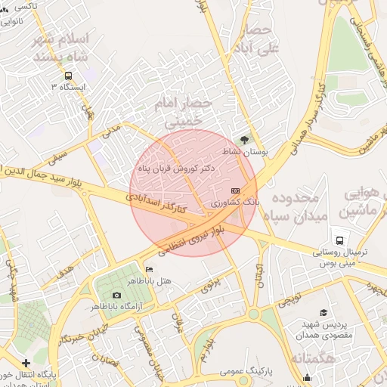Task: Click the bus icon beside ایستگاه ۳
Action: [69, 76]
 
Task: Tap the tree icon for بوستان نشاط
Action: [243, 140]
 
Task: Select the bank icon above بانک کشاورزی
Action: [235, 190]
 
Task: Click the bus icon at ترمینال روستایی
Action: [341, 240]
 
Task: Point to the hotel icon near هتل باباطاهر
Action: [148, 270]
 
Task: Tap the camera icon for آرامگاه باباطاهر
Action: [116, 296]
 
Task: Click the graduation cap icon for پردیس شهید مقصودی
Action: [324, 312]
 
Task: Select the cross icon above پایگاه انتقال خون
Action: [26, 363]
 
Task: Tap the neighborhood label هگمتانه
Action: [303, 357]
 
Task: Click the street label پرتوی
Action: [209, 284]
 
